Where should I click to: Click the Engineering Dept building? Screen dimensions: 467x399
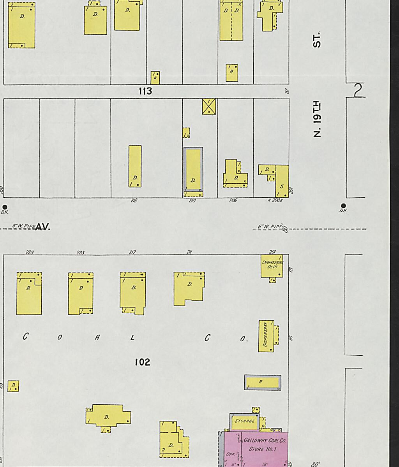(272, 266)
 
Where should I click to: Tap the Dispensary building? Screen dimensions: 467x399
(266, 336)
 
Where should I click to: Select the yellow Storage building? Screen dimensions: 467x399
(244, 421)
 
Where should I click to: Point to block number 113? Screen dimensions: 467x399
(145, 91)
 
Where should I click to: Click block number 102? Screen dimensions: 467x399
(142, 362)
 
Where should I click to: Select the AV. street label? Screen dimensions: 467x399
(43, 227)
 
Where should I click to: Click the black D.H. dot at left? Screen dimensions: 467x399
(5, 207)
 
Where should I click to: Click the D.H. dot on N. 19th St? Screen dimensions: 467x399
(343, 205)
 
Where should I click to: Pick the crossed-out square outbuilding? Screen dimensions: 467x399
(209, 106)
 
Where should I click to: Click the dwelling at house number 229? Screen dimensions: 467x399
(29, 294)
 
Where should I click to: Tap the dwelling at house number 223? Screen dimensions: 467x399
(81, 293)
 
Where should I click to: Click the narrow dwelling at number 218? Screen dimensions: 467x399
(135, 166)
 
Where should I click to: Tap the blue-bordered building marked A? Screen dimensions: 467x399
(262, 382)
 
